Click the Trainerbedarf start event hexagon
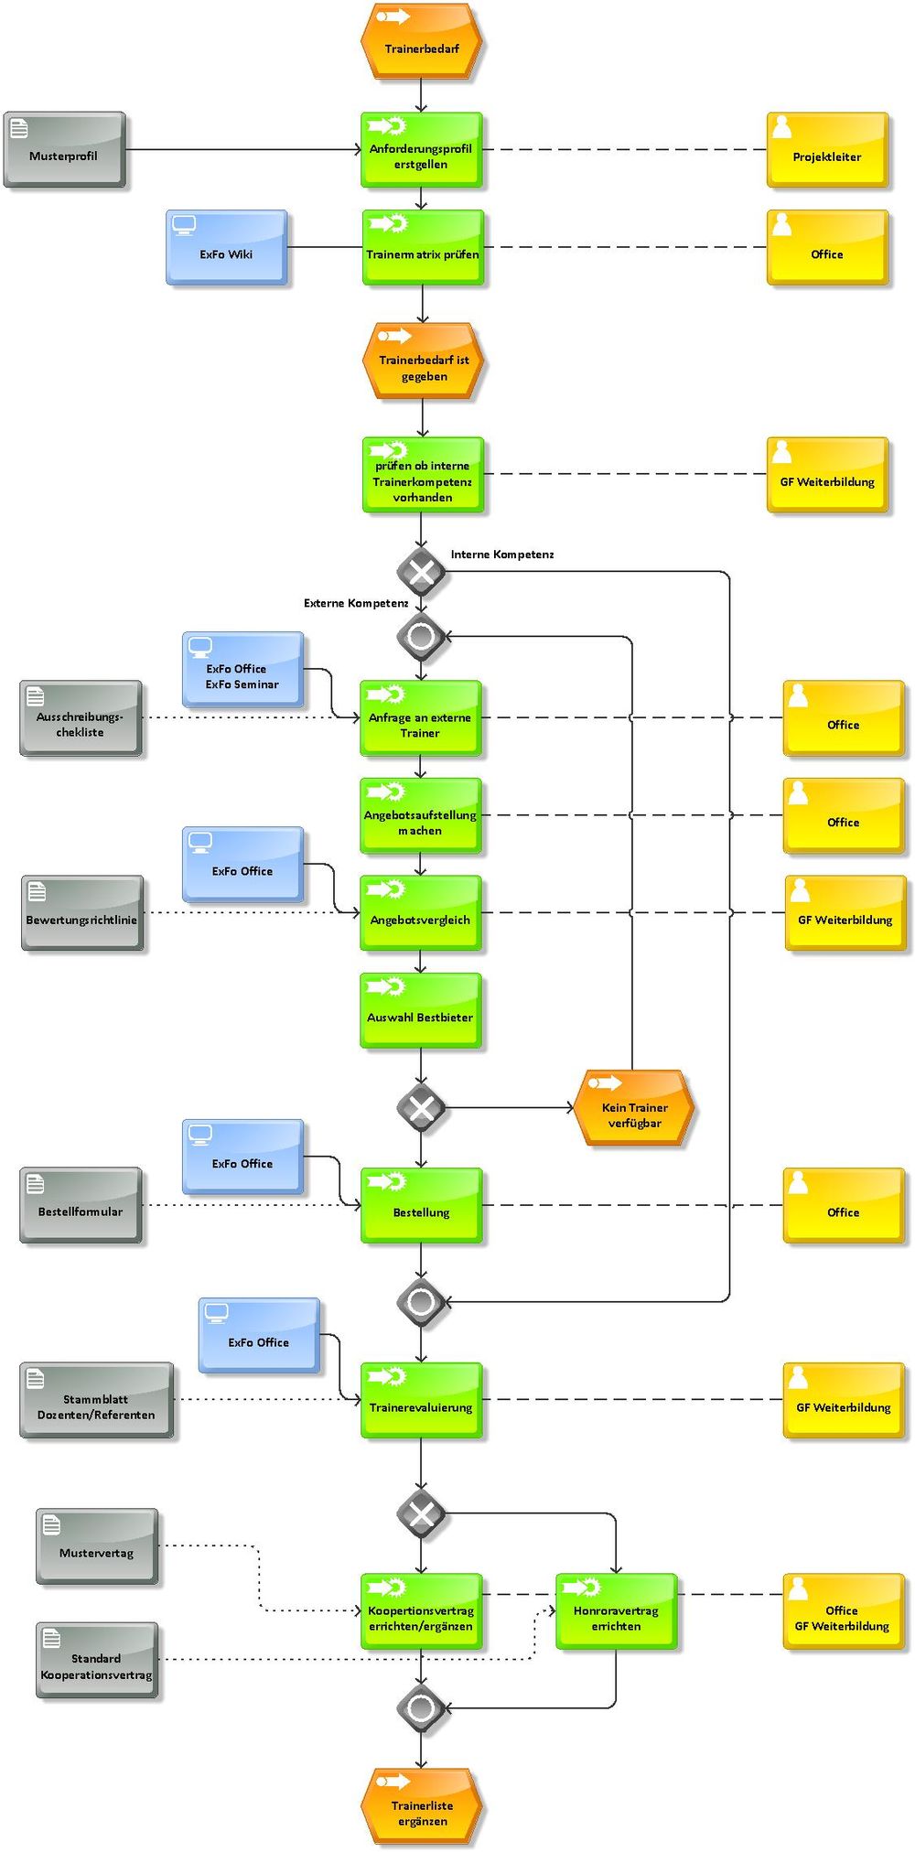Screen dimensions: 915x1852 click(421, 40)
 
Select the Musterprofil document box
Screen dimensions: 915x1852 click(64, 150)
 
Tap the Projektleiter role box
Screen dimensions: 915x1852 click(827, 150)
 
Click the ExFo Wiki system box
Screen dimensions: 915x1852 click(227, 248)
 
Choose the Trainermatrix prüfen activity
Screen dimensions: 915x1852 click(422, 248)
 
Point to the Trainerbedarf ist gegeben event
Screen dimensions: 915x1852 click(423, 361)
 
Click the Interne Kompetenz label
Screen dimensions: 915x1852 click(501, 555)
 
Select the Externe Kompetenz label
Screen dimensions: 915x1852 click(355, 603)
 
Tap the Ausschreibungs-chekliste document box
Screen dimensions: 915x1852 click(81, 718)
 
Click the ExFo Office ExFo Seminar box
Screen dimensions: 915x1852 click(242, 670)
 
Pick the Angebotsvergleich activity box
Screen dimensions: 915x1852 click(420, 913)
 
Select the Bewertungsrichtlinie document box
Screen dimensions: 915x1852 click(82, 913)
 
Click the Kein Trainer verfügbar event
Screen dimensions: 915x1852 click(634, 1108)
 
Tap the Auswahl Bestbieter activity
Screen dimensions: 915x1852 click(420, 1010)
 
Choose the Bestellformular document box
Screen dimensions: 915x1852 click(81, 1205)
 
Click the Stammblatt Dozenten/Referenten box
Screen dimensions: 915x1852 click(96, 1400)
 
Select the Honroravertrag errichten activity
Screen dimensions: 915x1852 click(616, 1611)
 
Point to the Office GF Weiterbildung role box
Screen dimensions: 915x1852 click(843, 1611)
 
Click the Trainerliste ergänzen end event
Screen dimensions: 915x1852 click(422, 1806)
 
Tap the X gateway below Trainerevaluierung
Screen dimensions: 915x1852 click(421, 1513)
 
